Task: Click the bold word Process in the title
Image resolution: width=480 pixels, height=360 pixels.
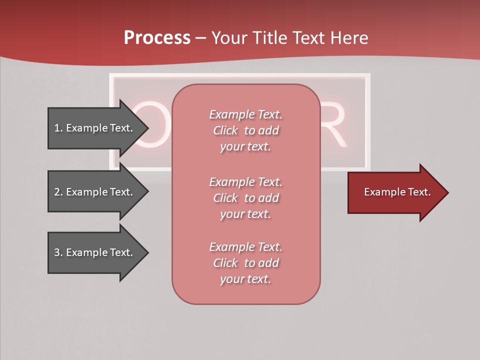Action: coord(157,38)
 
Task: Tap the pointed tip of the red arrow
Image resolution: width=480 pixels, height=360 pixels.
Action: coord(446,192)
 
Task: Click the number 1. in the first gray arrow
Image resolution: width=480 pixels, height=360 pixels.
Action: coord(58,128)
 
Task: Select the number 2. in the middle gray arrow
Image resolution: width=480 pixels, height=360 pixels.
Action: coord(58,192)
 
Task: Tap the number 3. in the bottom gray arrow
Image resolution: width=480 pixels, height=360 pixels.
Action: coord(58,252)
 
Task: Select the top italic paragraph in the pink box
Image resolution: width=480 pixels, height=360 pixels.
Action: coord(245,130)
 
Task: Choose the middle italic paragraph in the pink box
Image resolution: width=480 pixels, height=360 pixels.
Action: coord(245,198)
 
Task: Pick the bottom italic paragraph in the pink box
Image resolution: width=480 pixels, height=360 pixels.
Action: coord(245,263)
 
